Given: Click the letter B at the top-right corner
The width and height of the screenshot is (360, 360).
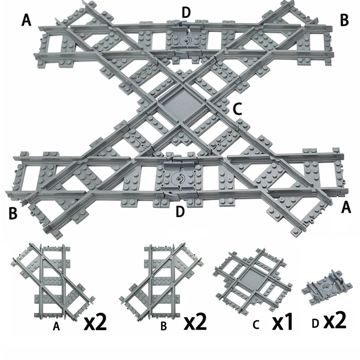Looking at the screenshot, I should coord(345,20).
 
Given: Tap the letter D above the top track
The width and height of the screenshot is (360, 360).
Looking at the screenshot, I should coord(186,12).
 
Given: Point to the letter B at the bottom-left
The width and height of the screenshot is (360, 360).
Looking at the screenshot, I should coord(13,213).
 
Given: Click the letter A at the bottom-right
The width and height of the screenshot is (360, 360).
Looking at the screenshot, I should coord(346,208).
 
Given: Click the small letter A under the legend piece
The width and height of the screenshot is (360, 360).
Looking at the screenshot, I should coord(56,327).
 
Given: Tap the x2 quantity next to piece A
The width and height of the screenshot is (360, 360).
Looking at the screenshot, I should coord(95,322).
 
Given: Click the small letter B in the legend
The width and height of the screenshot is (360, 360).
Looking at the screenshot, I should coord(164,327).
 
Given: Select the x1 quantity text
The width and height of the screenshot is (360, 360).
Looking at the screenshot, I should coord(282,322).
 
